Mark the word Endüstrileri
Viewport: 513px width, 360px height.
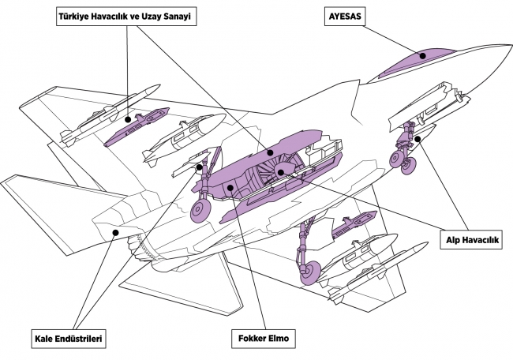point(81,339)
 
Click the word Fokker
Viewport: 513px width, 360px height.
point(249,339)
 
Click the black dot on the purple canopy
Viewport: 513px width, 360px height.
point(423,55)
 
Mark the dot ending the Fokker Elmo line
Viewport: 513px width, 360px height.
point(229,187)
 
